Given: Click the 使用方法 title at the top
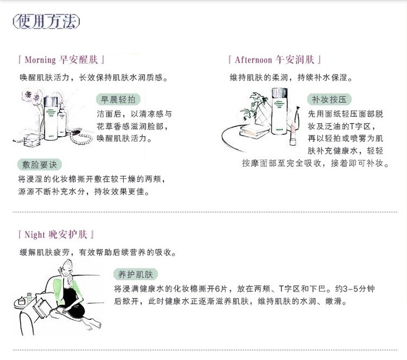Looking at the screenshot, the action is [46, 21].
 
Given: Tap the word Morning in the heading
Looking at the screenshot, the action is [40, 60].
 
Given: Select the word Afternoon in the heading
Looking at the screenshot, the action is [253, 60].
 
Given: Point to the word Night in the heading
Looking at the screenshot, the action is [35, 235].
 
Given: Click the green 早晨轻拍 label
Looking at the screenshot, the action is [118, 99].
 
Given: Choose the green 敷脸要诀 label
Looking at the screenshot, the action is [40, 165].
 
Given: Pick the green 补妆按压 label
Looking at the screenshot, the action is [329, 99].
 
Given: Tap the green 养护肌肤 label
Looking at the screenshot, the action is [135, 275].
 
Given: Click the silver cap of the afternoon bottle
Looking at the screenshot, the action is [279, 93].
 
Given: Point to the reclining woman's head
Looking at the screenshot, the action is [67, 268].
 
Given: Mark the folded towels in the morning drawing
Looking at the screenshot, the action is [32, 141].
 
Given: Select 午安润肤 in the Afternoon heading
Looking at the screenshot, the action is [295, 60].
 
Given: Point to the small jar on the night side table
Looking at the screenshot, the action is [22, 301].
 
